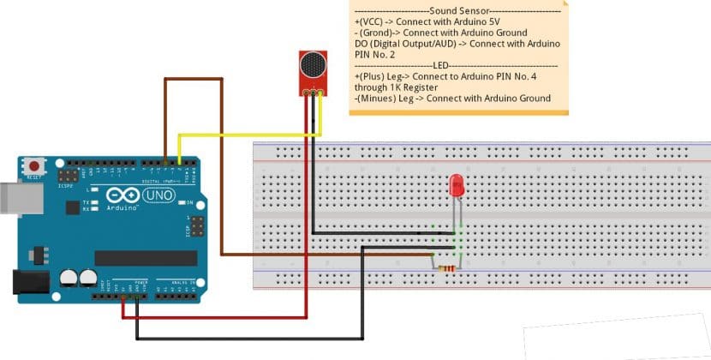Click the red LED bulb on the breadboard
pyautogui.click(x=457, y=184)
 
